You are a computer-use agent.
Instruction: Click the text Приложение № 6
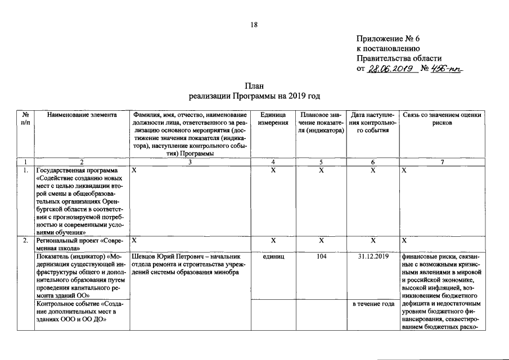coord(388,39)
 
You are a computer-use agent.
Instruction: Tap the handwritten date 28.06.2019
coord(390,69)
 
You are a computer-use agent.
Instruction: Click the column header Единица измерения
coord(273,118)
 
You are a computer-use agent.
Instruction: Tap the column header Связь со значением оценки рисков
coord(442,118)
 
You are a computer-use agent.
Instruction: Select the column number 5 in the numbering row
coord(320,162)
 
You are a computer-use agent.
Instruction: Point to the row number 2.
coord(25,240)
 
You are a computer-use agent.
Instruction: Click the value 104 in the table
coord(321,256)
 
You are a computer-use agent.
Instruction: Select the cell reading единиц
coord(273,256)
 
